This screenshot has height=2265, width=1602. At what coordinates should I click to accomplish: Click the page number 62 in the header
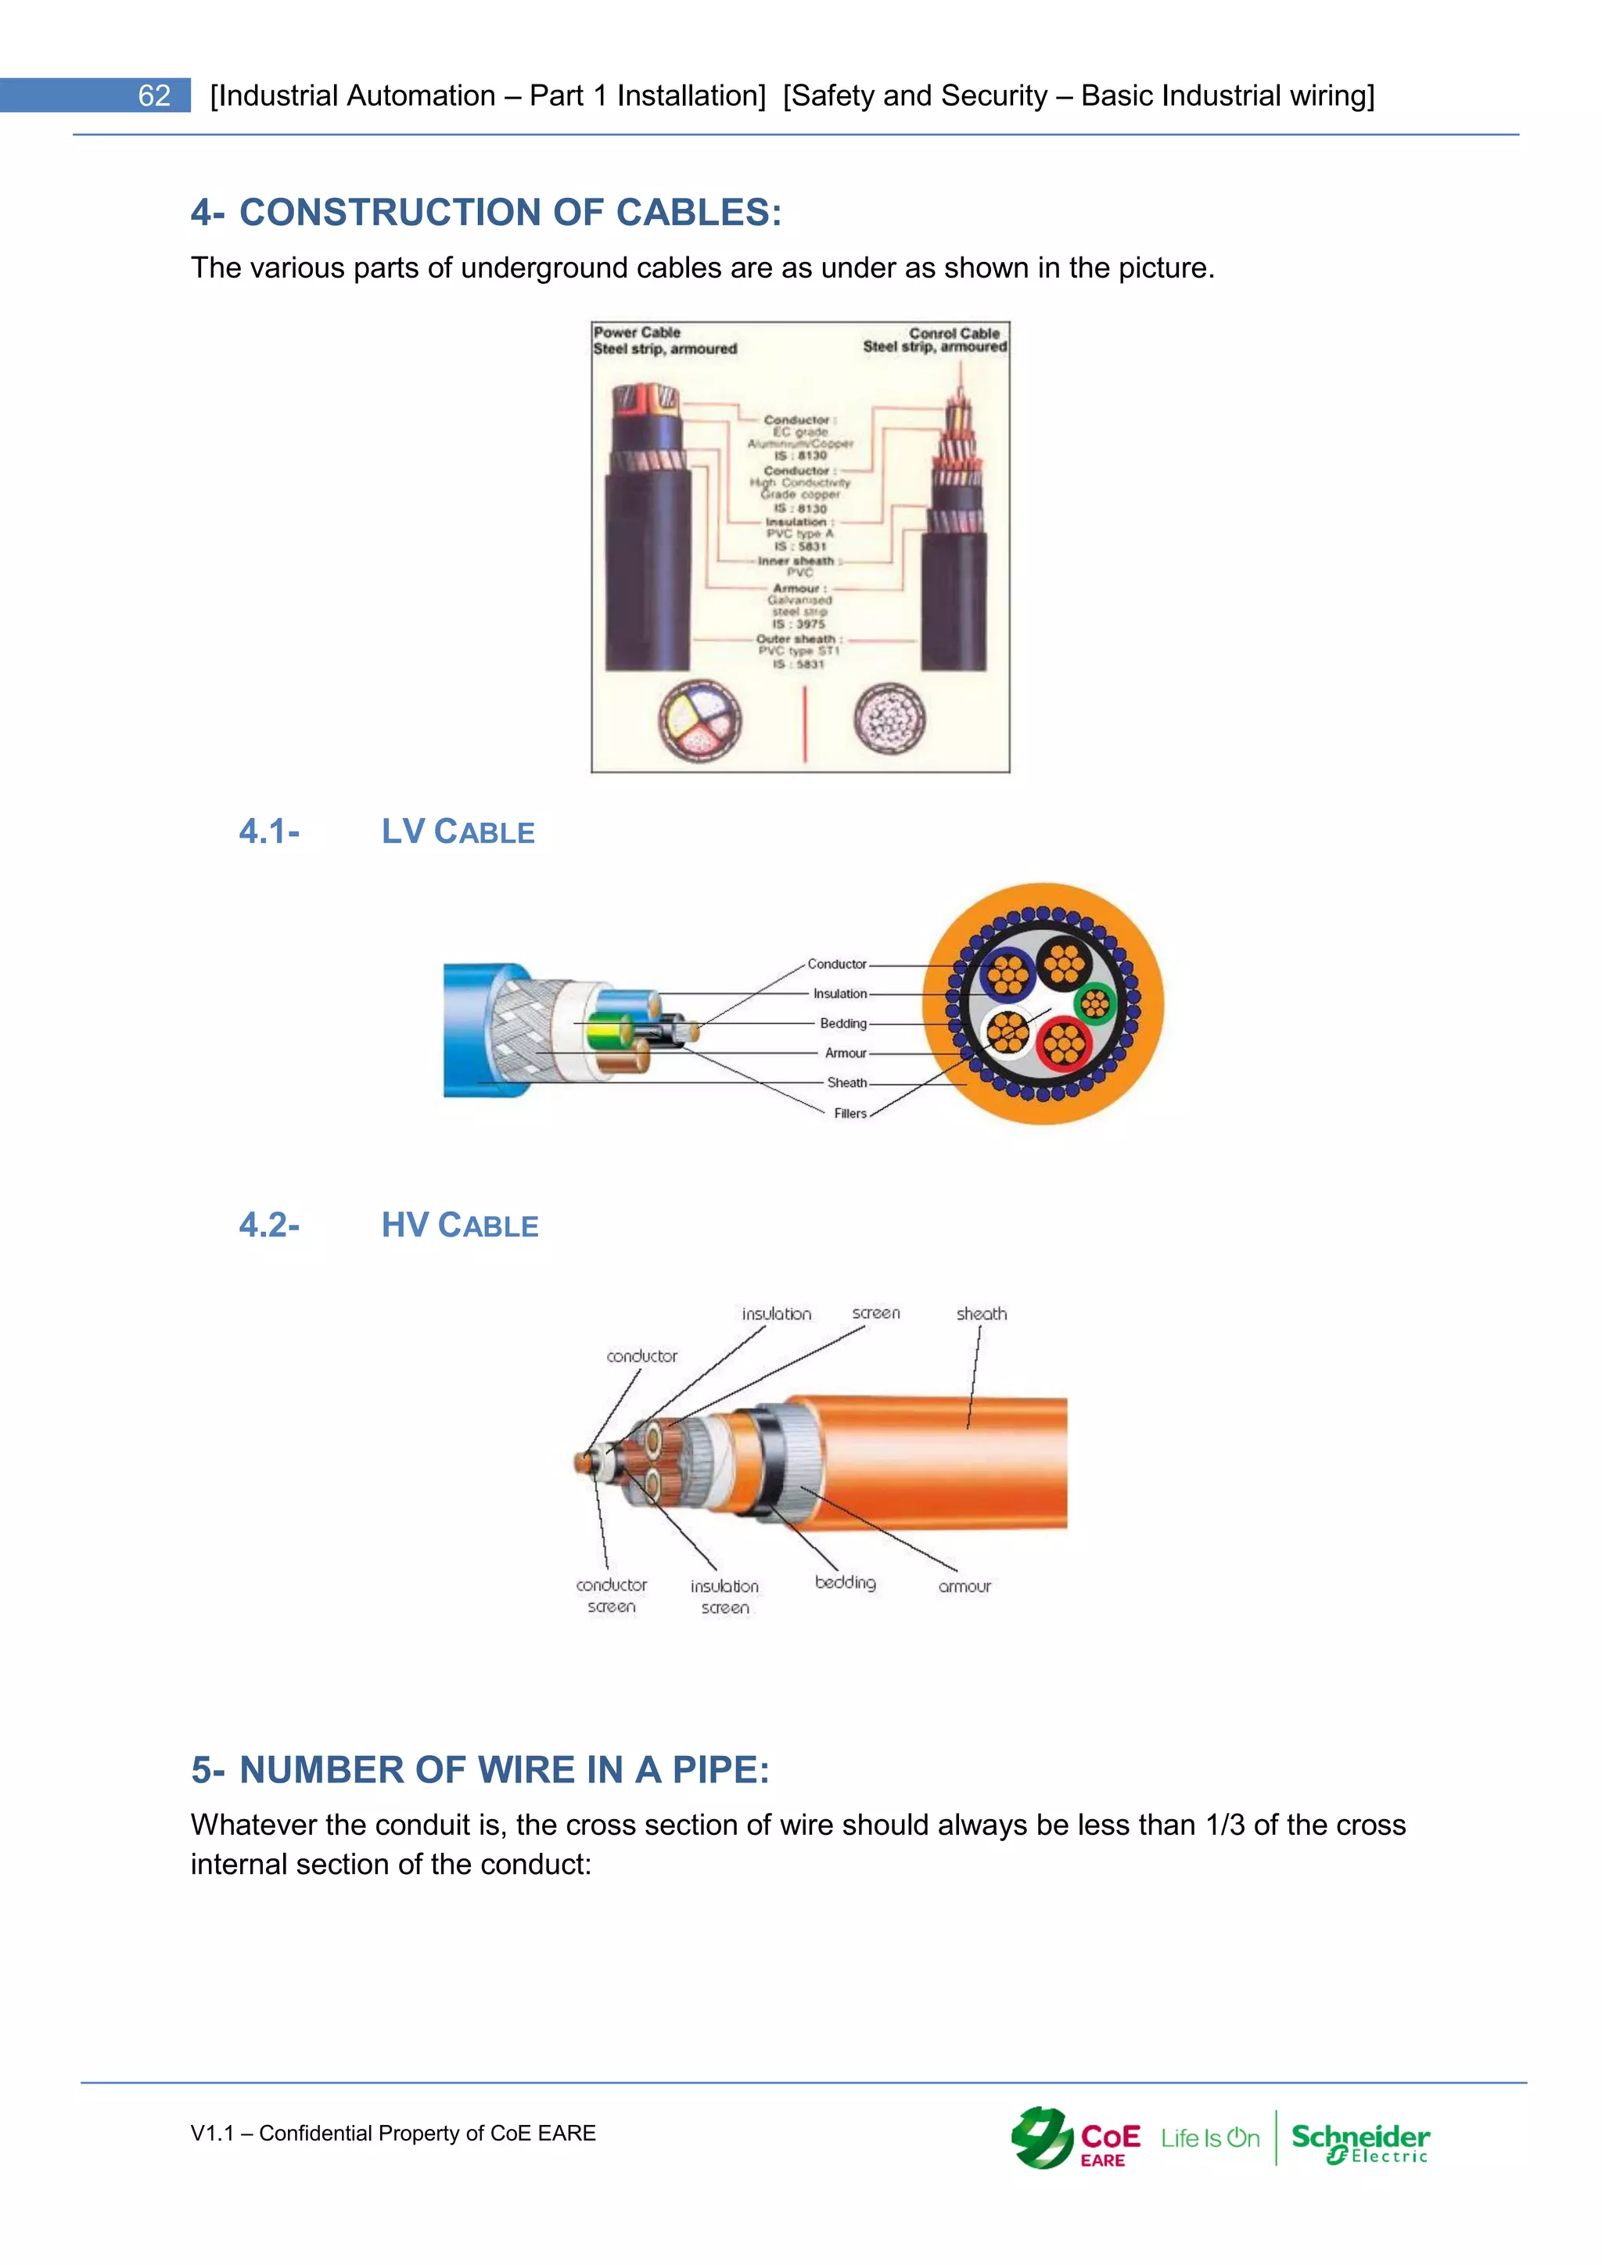[x=154, y=95]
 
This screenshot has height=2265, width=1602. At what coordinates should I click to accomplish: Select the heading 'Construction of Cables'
[x=487, y=212]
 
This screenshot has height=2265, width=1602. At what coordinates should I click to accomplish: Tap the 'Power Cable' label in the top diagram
[x=638, y=332]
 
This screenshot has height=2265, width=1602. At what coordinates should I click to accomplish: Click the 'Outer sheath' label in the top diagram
[x=798, y=639]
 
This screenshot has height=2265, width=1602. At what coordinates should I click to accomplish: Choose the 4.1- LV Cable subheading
[x=386, y=831]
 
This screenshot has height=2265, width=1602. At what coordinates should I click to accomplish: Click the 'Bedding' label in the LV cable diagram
[x=843, y=1024]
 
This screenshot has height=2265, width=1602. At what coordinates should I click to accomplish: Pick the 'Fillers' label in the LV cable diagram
[x=850, y=1113]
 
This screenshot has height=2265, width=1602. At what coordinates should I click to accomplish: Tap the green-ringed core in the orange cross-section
[x=1095, y=1005]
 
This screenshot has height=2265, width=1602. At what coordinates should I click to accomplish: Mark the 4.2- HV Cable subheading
[x=389, y=1226]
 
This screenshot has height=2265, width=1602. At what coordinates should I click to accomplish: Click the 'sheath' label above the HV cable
[x=982, y=1314]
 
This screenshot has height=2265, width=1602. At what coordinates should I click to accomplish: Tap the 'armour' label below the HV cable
[x=964, y=1586]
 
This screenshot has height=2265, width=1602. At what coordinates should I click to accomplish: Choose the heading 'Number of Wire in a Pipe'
[x=480, y=1770]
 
